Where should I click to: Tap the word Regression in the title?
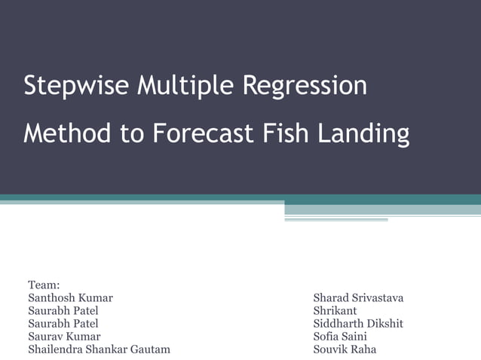point(305,86)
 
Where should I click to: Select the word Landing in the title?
point(363,134)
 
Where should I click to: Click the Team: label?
point(44,285)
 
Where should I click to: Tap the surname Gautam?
point(154,349)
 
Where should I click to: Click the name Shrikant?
point(335,311)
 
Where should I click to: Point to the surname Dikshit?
point(385,324)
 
